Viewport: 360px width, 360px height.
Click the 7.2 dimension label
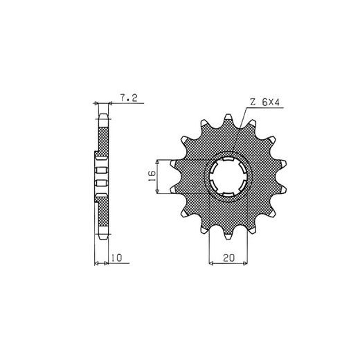pyautogui.click(x=129, y=98)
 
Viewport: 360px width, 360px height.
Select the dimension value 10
pyautogui.click(x=116, y=258)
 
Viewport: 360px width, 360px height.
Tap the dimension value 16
pyautogui.click(x=152, y=176)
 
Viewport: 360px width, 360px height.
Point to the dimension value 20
pyautogui.click(x=228, y=258)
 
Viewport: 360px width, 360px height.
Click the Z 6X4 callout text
pyautogui.click(x=264, y=102)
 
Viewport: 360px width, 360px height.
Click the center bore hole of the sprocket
pyautogui.click(x=228, y=177)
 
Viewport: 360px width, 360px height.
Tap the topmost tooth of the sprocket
pyautogui.click(x=228, y=119)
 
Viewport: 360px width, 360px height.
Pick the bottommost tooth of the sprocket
pyautogui.click(x=228, y=234)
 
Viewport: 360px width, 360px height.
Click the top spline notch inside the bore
pyautogui.click(x=228, y=159)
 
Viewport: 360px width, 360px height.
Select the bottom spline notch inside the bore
pyautogui.click(x=228, y=195)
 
